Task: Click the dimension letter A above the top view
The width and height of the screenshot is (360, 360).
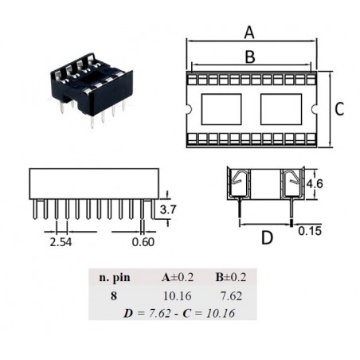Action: [249, 33]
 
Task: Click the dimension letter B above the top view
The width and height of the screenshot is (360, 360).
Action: [250, 57]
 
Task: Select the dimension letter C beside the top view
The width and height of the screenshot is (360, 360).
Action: [339, 109]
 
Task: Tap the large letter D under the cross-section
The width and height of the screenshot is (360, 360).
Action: [267, 237]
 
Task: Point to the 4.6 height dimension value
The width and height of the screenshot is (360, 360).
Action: [315, 184]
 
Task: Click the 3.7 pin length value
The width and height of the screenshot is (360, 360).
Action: [168, 209]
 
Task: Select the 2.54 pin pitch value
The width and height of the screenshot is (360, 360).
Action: [61, 242]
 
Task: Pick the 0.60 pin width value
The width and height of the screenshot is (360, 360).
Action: [143, 242]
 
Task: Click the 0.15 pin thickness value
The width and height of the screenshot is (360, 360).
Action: [310, 231]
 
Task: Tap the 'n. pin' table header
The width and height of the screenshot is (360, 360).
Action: [115, 278]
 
